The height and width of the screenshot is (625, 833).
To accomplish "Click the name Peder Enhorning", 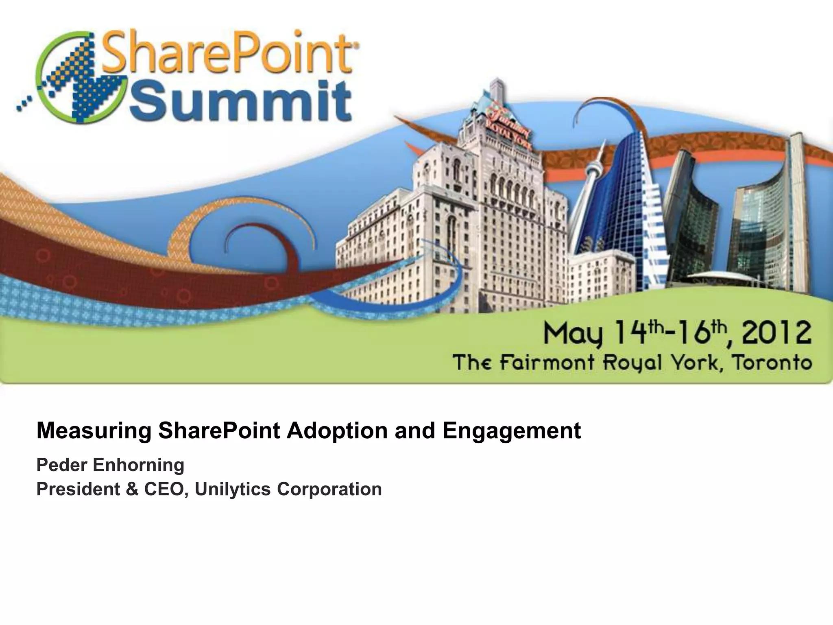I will point(110,465).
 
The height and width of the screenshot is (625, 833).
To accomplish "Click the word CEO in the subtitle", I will point(166,489).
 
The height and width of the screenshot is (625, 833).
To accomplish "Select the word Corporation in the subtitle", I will point(329,489).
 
